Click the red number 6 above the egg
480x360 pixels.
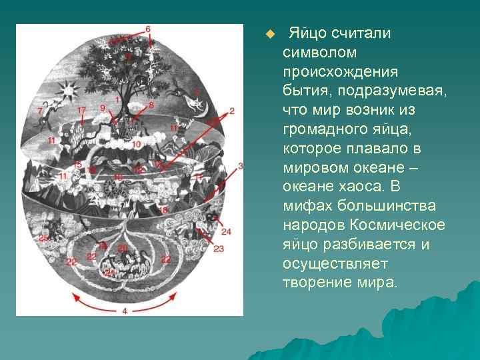click(147, 29)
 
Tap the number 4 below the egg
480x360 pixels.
click(125, 311)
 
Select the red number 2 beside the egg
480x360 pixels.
click(231, 111)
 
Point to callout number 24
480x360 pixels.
click(226, 231)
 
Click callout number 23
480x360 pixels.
click(219, 249)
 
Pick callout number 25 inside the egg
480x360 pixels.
click(44, 238)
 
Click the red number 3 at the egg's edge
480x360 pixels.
click(240, 165)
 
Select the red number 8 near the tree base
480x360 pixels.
click(151, 105)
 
